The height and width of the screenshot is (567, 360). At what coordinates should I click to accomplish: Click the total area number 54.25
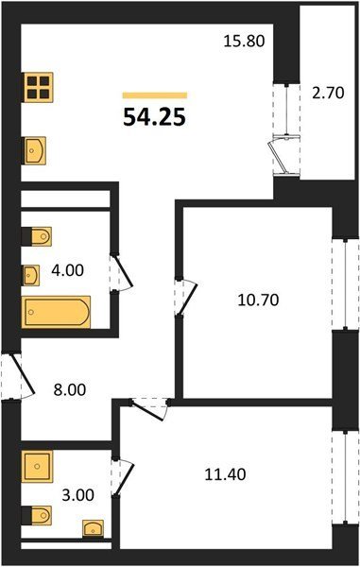pos(154,117)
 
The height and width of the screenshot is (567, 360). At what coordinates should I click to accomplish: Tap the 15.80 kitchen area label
pos(245,41)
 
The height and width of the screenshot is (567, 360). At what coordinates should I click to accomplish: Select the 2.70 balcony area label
pos(328,93)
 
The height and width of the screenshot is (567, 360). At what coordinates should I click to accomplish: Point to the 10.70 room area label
pos(258,301)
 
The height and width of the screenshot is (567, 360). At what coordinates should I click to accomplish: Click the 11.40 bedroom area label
pos(225,474)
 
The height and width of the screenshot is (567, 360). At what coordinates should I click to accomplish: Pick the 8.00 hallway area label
pos(69,389)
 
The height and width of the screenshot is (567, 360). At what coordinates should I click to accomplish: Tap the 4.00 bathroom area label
pos(67,270)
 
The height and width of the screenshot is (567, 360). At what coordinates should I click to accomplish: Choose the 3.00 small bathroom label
pos(78,495)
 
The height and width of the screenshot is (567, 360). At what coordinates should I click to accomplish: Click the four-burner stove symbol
pos(39,87)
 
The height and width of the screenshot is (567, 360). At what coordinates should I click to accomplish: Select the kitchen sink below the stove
pos(35,150)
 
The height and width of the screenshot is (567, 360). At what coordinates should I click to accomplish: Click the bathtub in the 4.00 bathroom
pos(56,312)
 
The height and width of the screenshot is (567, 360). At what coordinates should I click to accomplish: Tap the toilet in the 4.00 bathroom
pos(36,236)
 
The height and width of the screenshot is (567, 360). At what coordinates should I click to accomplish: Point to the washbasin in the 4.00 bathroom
pos(31,276)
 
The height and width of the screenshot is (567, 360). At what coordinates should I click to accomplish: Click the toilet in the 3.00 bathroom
pos(36,515)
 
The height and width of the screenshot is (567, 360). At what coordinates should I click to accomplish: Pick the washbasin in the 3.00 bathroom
pos(93,528)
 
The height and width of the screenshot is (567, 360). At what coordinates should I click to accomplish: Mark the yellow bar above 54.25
pos(155,95)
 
